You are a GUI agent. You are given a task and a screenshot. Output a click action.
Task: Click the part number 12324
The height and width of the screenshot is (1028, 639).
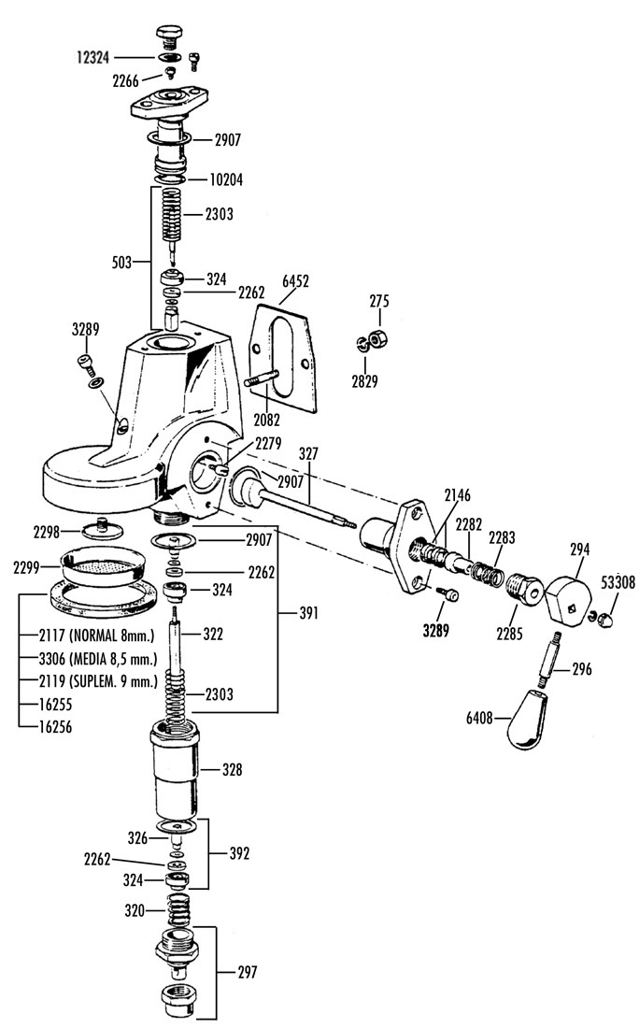pos(92,58)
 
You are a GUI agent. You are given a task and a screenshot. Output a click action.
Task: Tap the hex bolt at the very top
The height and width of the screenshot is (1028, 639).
pos(170,36)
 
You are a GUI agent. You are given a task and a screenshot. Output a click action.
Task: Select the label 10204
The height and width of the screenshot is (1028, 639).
pos(225,179)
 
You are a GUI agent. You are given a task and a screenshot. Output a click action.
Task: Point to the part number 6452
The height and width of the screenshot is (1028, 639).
pos(295,281)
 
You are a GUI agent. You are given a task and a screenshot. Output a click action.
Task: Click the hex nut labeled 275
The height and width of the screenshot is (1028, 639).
pos(377,338)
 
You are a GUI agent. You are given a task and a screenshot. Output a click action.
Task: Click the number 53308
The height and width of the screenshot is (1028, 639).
pos(618,581)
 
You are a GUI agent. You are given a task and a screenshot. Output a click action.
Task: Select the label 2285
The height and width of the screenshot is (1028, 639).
pos(509,634)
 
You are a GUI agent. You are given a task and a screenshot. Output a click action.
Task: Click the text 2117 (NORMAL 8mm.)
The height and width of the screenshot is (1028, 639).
pos(96,635)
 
